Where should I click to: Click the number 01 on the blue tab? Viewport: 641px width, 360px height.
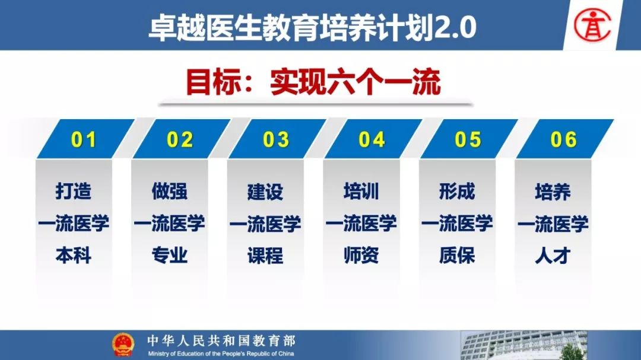tap(84, 140)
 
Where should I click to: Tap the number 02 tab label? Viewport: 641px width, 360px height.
tap(179, 140)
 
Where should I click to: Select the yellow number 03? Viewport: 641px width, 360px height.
tap(275, 140)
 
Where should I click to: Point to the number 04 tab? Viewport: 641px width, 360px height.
tap(372, 140)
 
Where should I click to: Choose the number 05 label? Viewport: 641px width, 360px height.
tap(468, 140)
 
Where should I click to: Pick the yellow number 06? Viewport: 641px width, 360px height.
tap(563, 140)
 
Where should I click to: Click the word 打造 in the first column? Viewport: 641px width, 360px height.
tap(74, 191)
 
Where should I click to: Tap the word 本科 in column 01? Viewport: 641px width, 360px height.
tap(74, 256)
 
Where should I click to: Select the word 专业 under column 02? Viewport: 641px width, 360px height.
tap(169, 256)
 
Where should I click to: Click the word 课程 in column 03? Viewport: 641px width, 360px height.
tap(265, 256)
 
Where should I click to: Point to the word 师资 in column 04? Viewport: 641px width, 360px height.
tap(361, 256)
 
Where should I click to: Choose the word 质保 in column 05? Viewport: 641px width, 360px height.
tap(457, 256)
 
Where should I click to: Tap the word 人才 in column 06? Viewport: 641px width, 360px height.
tap(553, 256)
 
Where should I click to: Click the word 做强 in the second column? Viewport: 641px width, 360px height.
tap(169, 191)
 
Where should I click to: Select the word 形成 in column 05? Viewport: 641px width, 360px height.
tap(457, 191)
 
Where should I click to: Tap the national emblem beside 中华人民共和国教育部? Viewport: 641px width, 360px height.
tap(123, 345)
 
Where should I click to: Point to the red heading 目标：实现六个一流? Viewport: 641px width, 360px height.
tap(313, 82)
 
